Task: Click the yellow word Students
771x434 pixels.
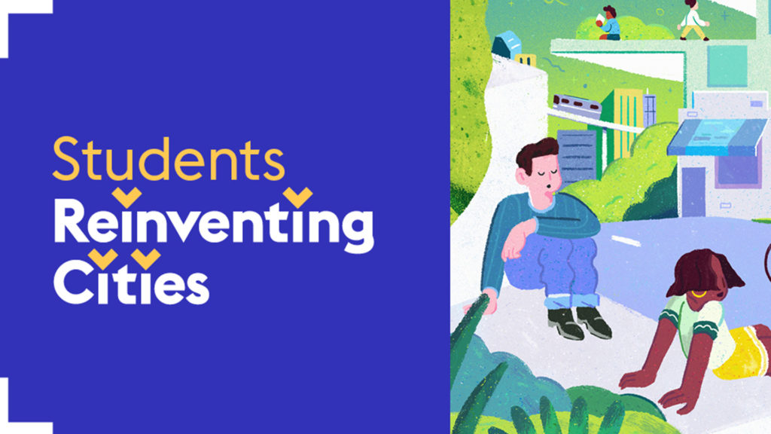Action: point(169,159)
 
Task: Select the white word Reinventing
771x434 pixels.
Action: point(214,225)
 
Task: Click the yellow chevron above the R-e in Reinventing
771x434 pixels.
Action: point(126,197)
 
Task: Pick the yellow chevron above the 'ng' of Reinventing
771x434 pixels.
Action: point(297,197)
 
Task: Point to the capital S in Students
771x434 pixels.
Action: point(66,159)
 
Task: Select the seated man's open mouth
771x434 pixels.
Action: point(549,188)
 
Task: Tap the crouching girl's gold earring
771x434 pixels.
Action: point(698,295)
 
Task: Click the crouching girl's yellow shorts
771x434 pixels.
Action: point(740,352)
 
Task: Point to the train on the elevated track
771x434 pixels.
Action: point(576,105)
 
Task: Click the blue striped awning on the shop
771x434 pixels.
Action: point(718,137)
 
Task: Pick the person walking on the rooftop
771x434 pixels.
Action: point(693,20)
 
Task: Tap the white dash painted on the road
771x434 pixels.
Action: point(626,240)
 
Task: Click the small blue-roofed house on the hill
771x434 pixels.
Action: point(506,44)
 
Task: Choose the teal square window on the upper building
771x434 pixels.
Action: point(727,66)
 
